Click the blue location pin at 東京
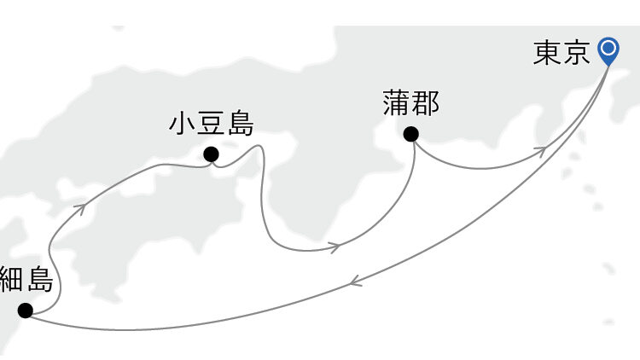coord(608,50)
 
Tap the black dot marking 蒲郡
coord(410,134)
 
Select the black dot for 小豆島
coord(210,154)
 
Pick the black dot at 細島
coord(25,311)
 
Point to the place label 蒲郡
coord(411,105)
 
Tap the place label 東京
coord(561,53)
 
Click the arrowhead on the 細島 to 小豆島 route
coord(79,205)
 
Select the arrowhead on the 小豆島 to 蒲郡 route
coord(335,247)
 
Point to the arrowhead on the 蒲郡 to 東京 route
coord(540,150)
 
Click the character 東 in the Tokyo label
coord(546,53)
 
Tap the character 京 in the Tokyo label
coord(576,53)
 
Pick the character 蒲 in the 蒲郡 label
coord(397,105)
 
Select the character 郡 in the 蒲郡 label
coord(426,105)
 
